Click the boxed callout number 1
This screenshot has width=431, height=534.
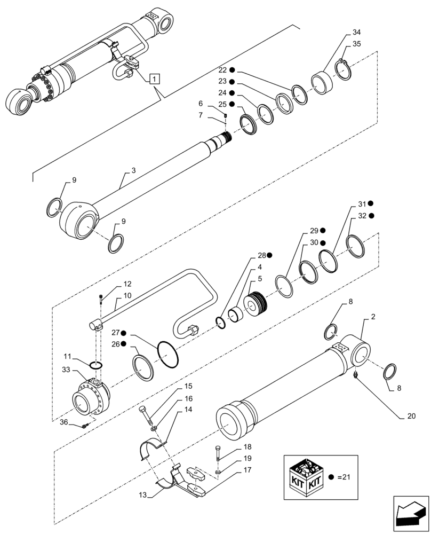point(154,80)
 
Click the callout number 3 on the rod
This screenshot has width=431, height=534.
point(133,170)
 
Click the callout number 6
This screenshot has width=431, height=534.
point(201,103)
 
